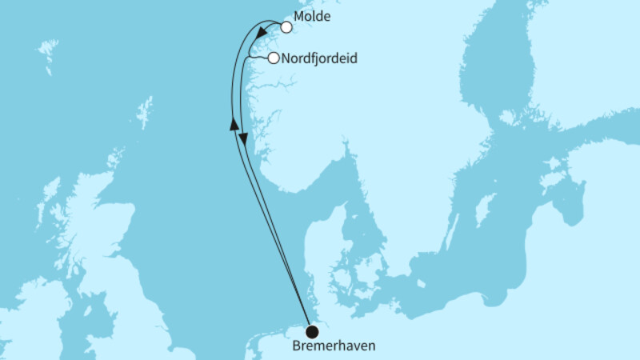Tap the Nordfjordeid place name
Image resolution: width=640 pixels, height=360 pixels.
pyautogui.click(x=319, y=58)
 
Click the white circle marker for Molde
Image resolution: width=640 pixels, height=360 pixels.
pyautogui.click(x=286, y=26)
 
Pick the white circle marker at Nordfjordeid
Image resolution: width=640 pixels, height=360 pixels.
pyautogui.click(x=274, y=58)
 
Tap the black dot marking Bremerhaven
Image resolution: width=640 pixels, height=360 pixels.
pyautogui.click(x=311, y=331)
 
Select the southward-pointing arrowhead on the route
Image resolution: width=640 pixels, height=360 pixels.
pyautogui.click(x=244, y=139)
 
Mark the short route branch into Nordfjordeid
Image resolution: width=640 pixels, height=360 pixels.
pyautogui.click(x=258, y=58)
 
